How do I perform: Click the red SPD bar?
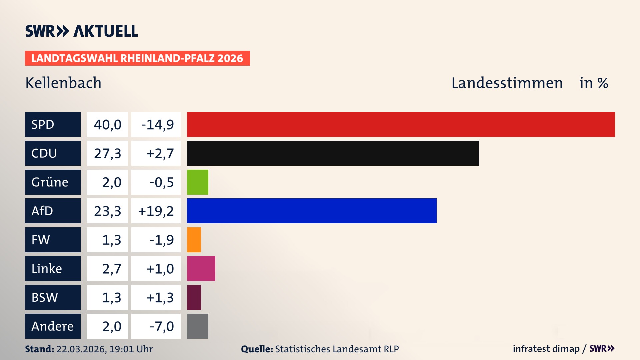point(401,124)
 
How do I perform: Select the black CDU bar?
point(333,153)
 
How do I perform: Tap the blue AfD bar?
point(312,211)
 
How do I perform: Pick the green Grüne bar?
point(197,182)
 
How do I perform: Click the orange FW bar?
point(194,240)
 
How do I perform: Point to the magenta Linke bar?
point(201,268)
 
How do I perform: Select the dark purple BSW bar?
point(194,297)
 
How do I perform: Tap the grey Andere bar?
point(197,326)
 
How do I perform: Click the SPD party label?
point(53,124)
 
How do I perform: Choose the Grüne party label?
point(53,182)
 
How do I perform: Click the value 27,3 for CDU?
point(107,153)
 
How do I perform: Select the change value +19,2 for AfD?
point(156,211)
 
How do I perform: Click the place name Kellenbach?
point(63,83)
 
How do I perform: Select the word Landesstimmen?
point(507,83)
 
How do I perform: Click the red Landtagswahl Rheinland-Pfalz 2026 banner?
point(137,58)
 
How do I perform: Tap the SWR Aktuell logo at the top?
point(81,31)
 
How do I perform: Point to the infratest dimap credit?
point(546,349)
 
